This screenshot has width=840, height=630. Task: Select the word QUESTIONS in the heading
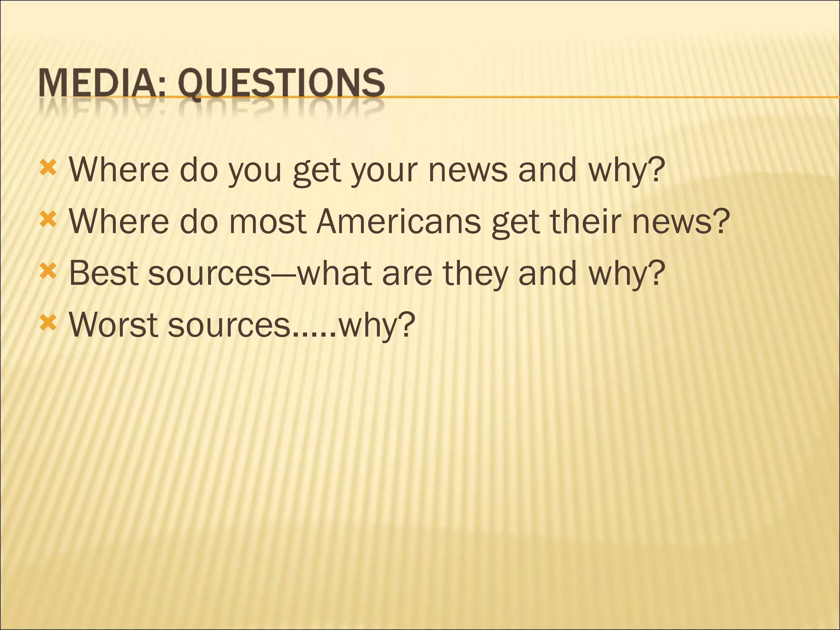point(281,84)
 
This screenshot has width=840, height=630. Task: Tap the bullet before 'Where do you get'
point(48,169)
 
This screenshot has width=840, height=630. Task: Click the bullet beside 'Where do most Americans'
point(48,221)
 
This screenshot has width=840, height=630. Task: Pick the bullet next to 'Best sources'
point(48,272)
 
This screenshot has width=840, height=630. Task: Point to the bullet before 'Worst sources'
point(48,324)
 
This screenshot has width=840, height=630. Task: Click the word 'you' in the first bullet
point(255,171)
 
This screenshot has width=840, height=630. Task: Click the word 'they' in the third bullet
point(476,274)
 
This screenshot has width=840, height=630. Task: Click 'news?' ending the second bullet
point(681,221)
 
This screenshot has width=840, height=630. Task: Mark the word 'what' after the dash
point(334,273)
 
